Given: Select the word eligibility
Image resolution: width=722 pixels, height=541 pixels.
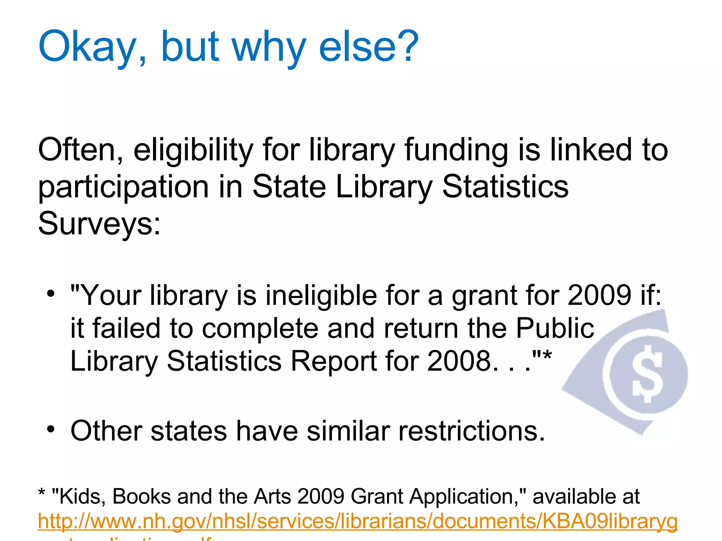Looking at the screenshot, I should [193, 151].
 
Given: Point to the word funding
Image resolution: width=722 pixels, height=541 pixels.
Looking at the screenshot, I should [456, 151].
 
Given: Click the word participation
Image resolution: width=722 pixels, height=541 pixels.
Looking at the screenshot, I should [123, 188].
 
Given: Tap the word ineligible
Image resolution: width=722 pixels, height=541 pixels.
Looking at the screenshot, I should [321, 296].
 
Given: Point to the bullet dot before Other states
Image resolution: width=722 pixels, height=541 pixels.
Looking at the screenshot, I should [51, 429].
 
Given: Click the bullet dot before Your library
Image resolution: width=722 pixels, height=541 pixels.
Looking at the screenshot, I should [51, 293].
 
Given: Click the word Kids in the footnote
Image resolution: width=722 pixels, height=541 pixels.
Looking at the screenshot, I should [81, 497].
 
